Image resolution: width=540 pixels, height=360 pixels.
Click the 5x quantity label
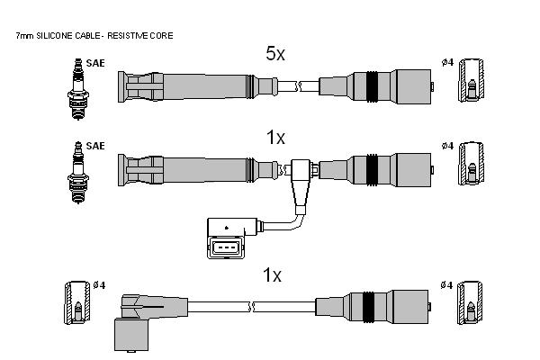point(275,53)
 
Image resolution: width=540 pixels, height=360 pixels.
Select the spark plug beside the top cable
point(78,89)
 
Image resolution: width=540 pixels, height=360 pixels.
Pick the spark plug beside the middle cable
point(78,173)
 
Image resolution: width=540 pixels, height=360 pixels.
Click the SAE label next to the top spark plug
point(95,63)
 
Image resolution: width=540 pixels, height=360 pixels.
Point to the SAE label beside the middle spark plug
point(95,146)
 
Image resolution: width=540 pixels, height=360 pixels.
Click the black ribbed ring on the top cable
point(372,86)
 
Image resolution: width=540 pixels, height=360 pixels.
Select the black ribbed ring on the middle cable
point(372,170)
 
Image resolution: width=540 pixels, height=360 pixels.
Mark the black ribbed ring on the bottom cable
point(368,307)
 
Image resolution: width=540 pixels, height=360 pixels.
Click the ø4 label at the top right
point(447,62)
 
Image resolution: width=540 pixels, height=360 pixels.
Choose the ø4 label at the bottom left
point(99,285)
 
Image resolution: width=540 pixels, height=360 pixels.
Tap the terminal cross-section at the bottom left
point(77,302)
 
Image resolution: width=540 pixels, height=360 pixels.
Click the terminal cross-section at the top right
point(471,80)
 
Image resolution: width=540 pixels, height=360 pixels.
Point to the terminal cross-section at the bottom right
point(470,302)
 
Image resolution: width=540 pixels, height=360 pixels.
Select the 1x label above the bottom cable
point(272,275)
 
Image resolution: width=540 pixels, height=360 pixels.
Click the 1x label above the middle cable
point(275,138)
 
